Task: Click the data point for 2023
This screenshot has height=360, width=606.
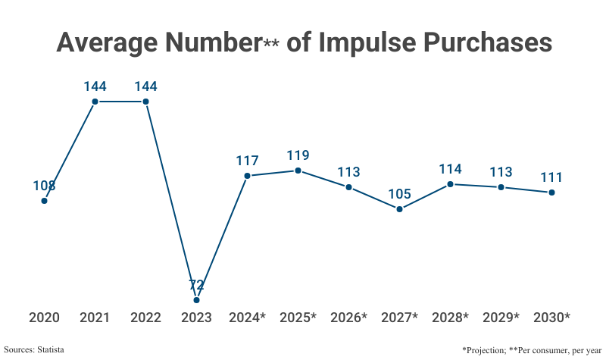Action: click(x=196, y=300)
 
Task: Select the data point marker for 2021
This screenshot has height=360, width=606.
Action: click(x=95, y=102)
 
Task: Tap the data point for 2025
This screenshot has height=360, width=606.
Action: click(x=298, y=171)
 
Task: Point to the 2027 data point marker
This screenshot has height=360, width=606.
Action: click(x=399, y=209)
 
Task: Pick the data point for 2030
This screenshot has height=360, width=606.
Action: click(x=551, y=193)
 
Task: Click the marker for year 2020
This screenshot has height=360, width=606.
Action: click(x=44, y=200)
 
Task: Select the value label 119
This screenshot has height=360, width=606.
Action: click(x=298, y=155)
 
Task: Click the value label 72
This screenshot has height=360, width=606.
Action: click(x=196, y=285)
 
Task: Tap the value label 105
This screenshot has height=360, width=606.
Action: click(x=399, y=194)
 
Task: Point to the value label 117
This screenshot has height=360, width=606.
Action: click(x=247, y=161)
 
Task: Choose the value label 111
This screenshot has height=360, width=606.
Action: click(x=551, y=177)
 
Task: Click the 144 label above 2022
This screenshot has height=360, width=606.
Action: click(x=145, y=86)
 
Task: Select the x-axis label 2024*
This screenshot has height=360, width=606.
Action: click(x=247, y=318)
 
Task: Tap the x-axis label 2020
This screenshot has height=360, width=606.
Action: click(x=44, y=318)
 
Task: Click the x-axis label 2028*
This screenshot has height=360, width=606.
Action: click(x=450, y=318)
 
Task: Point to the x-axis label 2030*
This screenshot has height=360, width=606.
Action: click(x=551, y=318)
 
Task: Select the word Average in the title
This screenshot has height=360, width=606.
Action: click(x=109, y=42)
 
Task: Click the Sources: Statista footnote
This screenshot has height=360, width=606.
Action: click(x=34, y=349)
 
